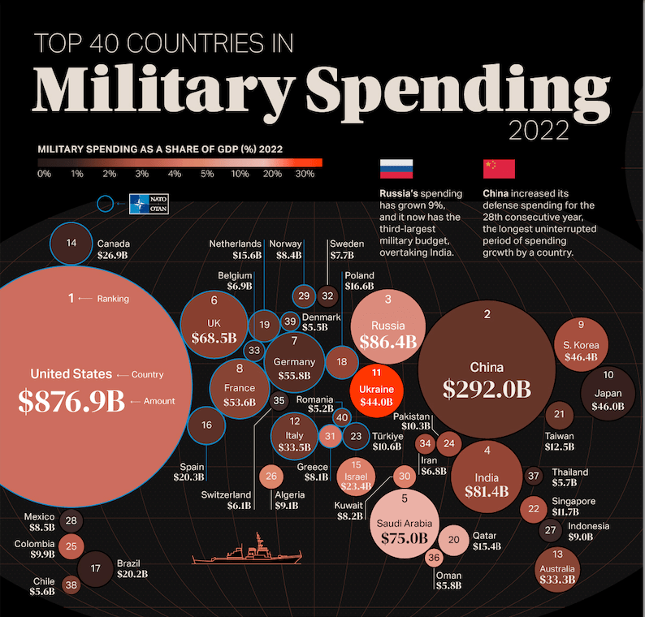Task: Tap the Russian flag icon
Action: (396, 168)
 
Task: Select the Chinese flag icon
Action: (499, 168)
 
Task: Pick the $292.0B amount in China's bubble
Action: (487, 389)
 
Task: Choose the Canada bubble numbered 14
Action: (71, 244)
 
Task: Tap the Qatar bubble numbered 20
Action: (454, 539)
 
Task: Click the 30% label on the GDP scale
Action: (305, 174)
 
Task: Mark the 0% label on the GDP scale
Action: (44, 174)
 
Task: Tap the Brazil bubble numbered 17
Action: (95, 568)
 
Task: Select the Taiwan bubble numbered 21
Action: (559, 415)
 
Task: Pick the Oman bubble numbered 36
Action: (434, 558)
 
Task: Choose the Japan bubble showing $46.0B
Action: (608, 391)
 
